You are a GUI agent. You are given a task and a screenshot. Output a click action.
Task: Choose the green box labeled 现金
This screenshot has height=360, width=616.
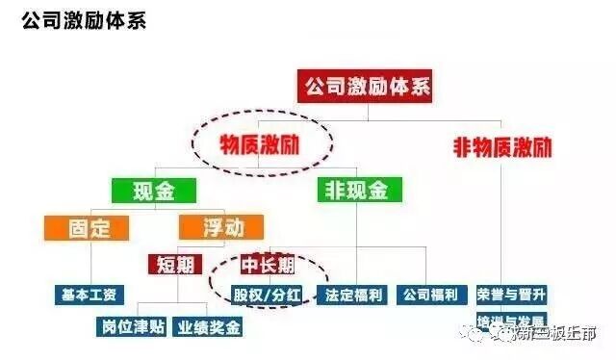pyautogui.click(x=153, y=190)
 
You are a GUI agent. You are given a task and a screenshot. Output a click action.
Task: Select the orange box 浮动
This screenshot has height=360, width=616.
pyautogui.click(x=211, y=229)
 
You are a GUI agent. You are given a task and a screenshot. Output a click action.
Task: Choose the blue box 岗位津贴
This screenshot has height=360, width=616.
pyautogui.click(x=133, y=326)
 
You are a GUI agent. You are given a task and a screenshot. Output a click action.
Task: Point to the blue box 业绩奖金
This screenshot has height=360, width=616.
pyautogui.click(x=208, y=326)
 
